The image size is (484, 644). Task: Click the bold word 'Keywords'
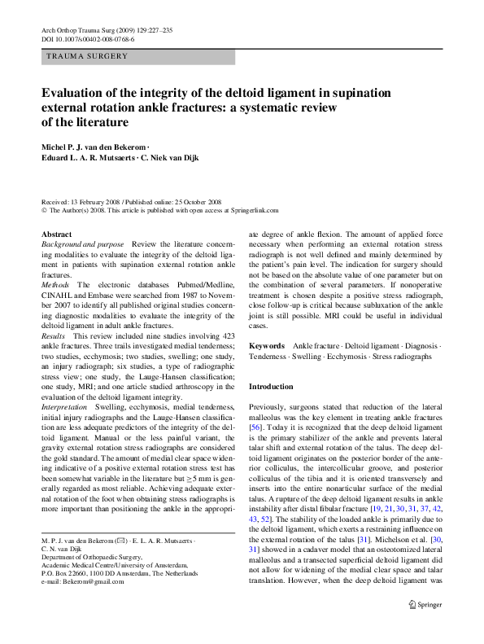(266, 346)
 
